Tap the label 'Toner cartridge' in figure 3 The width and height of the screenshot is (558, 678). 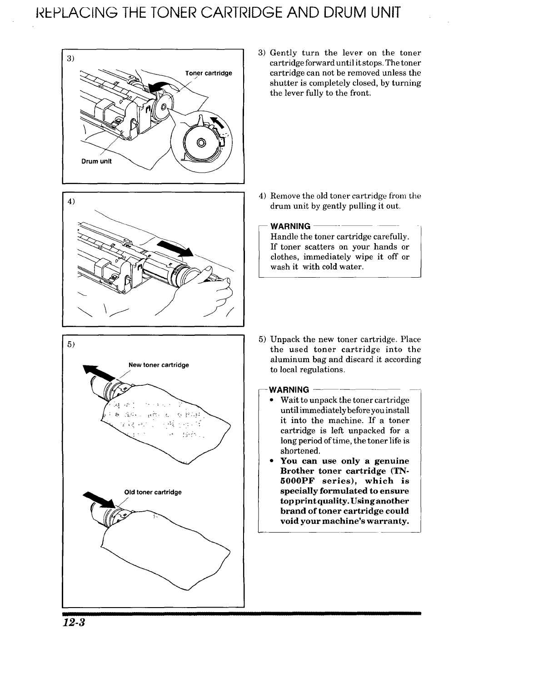coord(209,73)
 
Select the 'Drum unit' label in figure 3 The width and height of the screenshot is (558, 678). coord(96,161)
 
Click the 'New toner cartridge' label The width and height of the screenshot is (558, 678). coord(159,365)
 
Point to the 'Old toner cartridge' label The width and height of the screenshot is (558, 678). coord(153,492)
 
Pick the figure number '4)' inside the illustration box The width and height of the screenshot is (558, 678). coord(70,201)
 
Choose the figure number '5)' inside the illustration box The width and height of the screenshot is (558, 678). coord(70,344)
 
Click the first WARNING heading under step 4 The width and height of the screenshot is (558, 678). coord(290,226)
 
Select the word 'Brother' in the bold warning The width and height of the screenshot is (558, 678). coord(297,471)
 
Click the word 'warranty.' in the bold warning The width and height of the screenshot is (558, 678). coord(388,521)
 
